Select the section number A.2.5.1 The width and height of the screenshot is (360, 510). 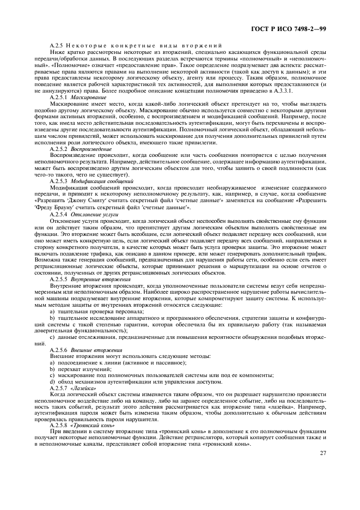pos(59,96)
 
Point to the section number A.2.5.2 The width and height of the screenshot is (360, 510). pos(59,149)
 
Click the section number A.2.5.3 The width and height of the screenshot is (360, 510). pos(59,180)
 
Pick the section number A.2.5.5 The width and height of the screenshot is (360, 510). pos(59,279)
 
